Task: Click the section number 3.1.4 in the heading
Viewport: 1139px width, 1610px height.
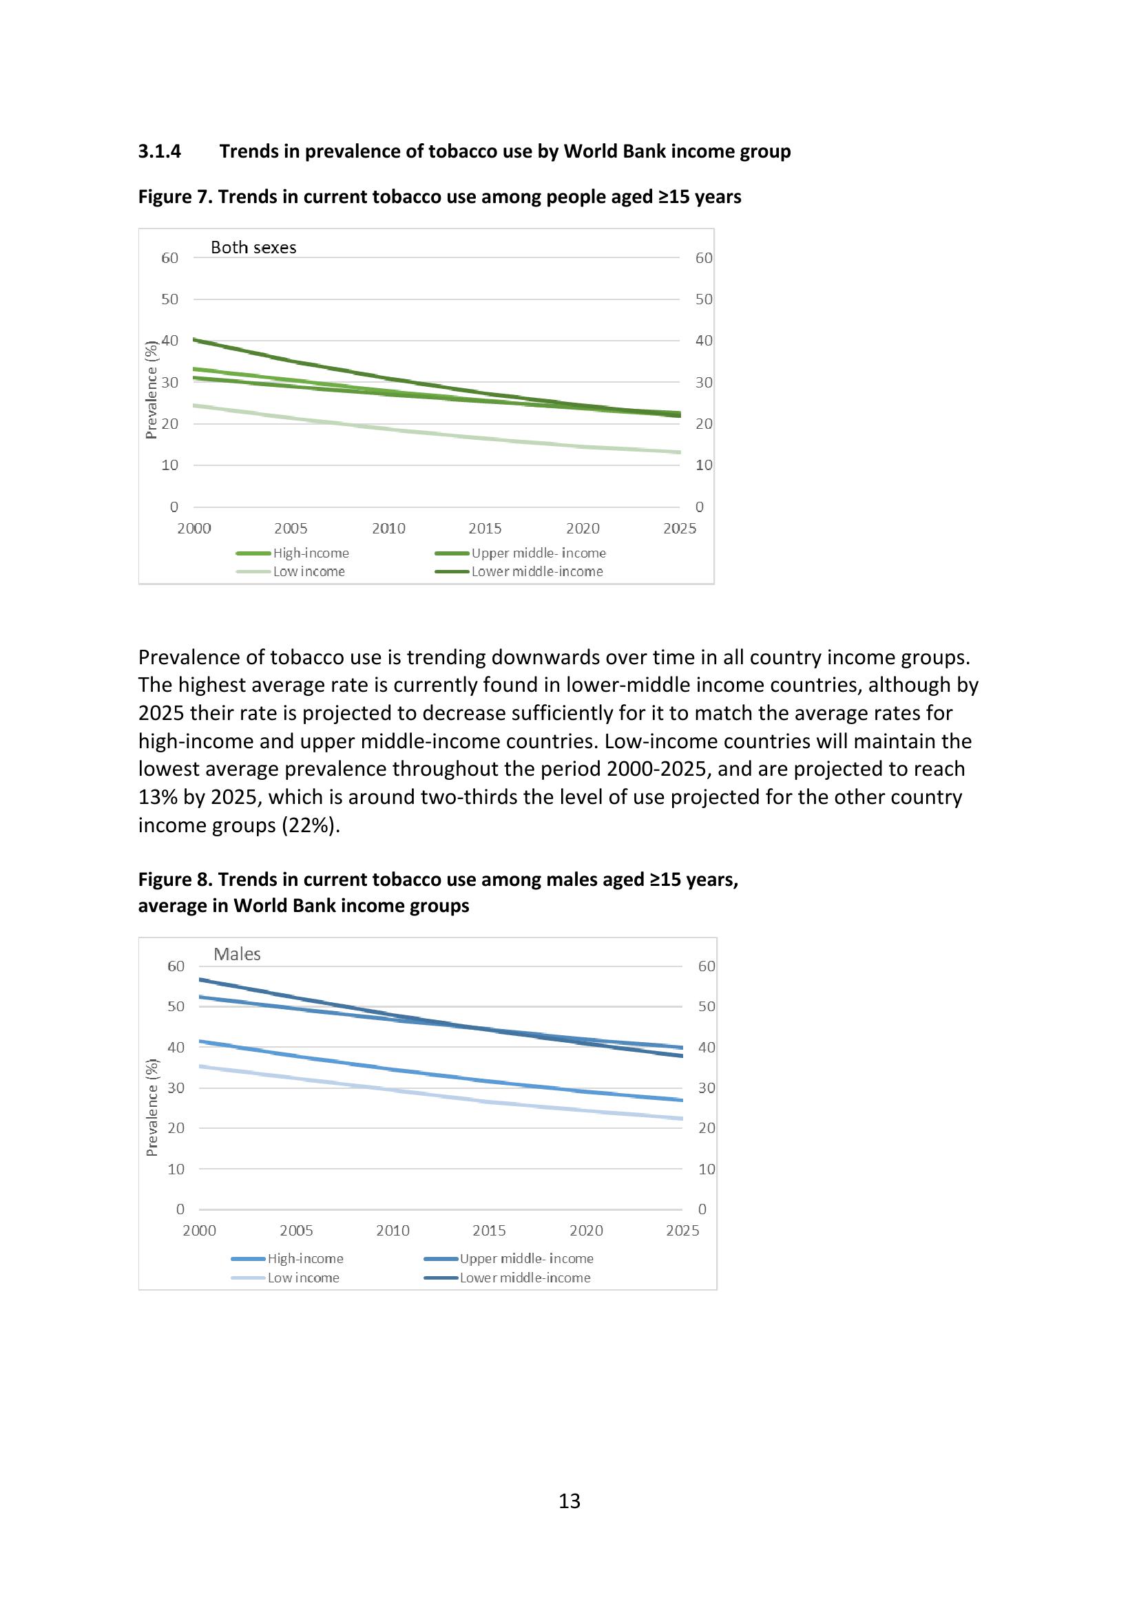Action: (x=159, y=151)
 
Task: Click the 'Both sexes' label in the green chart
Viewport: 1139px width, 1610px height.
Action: (x=253, y=248)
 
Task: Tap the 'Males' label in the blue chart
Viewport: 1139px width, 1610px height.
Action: (x=237, y=953)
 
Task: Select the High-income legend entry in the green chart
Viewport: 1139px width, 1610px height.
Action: (x=311, y=553)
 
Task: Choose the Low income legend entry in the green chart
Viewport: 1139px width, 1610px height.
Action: (x=309, y=571)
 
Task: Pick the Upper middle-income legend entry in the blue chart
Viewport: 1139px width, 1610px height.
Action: (x=526, y=1258)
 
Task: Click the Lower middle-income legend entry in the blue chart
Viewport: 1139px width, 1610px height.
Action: (x=525, y=1278)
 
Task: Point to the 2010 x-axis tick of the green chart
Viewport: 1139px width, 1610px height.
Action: (x=388, y=528)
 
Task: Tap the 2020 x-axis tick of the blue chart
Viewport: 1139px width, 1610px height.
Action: (x=585, y=1230)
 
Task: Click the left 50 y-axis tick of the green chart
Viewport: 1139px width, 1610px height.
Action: (x=169, y=299)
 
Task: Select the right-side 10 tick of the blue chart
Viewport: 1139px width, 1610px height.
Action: (x=707, y=1169)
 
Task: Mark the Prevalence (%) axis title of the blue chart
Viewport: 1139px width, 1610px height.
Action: (x=151, y=1108)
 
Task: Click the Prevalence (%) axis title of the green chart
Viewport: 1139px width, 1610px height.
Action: (x=151, y=390)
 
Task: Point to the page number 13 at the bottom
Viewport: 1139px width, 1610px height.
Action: (x=569, y=1501)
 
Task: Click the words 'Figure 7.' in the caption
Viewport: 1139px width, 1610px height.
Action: (x=176, y=197)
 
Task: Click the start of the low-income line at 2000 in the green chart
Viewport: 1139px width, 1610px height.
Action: (x=195, y=405)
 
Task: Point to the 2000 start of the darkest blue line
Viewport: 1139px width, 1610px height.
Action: (x=200, y=979)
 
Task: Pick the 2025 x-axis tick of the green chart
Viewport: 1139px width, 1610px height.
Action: (x=679, y=528)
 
